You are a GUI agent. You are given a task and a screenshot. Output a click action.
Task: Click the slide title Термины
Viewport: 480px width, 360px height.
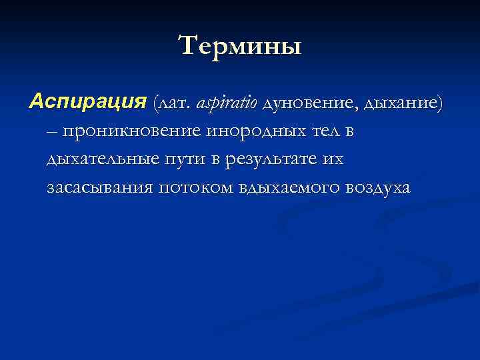click(x=240, y=46)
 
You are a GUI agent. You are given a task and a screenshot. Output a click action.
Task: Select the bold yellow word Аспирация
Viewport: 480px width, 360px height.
click(x=87, y=103)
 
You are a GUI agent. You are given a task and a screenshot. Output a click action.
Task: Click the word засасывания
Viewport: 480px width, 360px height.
click(x=100, y=189)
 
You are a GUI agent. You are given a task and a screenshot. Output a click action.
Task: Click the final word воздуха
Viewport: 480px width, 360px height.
click(x=378, y=189)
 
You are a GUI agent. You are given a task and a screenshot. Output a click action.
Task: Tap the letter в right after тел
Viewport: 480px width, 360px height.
click(x=348, y=132)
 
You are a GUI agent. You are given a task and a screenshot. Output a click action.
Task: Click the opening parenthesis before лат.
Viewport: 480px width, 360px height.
click(x=155, y=103)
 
